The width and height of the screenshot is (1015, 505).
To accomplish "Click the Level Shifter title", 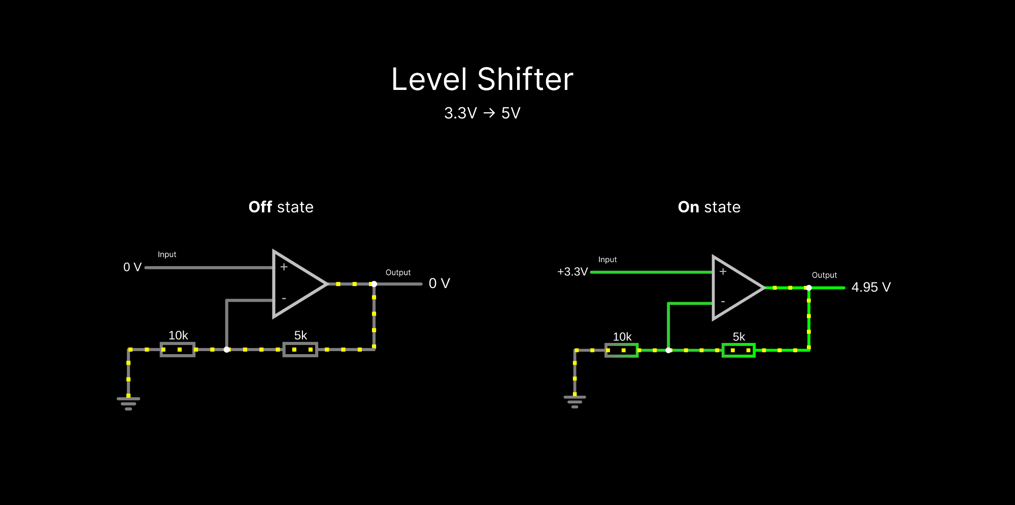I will tap(482, 80).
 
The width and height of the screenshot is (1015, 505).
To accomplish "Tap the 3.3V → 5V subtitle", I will tap(482, 113).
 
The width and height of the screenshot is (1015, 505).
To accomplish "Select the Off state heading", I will tap(281, 207).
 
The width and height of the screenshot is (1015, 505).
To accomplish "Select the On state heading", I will tap(709, 207).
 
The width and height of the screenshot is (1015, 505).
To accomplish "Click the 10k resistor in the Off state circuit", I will tap(177, 350).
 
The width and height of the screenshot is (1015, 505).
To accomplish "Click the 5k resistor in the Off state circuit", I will tap(300, 350).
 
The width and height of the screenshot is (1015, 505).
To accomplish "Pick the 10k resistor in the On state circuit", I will tap(621, 350).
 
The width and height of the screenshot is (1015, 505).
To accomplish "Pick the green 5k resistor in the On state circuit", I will tap(738, 350).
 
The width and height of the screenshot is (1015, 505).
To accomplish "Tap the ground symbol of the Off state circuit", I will tap(128, 403).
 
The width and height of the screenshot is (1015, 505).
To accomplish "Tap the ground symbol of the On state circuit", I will tap(574, 401).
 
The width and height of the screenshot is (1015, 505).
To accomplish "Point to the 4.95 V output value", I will tap(871, 288).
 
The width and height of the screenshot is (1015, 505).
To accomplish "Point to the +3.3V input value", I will tap(572, 272).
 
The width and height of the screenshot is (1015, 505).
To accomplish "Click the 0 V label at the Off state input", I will tap(132, 267).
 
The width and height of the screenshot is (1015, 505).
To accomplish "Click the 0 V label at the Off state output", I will tap(439, 283).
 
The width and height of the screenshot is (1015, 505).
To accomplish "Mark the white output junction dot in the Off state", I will tap(374, 284).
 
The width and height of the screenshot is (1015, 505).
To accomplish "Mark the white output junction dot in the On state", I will tap(809, 288).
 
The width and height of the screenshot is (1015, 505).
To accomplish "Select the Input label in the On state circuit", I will tap(607, 260).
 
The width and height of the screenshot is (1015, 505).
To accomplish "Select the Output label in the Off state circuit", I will tap(398, 273).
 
